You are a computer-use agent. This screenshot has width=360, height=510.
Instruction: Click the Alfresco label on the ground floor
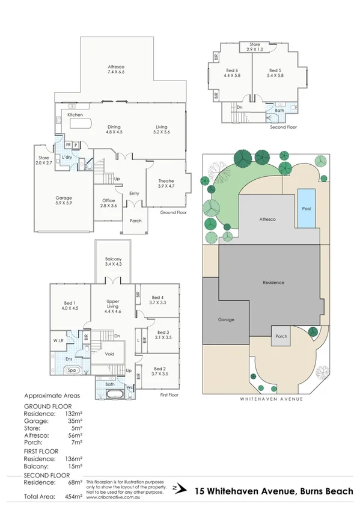(115, 69)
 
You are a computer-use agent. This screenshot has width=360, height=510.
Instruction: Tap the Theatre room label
(166, 185)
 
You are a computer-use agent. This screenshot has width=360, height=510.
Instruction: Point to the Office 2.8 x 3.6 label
(108, 203)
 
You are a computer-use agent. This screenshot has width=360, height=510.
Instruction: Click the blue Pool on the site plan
(306, 207)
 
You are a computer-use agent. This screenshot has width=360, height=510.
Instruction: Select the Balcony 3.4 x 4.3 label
(113, 262)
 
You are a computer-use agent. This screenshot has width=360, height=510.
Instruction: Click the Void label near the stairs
(109, 354)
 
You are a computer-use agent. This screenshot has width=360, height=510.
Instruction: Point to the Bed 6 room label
(232, 73)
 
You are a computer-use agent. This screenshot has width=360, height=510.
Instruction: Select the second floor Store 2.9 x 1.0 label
(256, 47)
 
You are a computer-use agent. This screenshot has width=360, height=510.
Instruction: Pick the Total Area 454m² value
(73, 497)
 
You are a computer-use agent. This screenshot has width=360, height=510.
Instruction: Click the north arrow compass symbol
(175, 488)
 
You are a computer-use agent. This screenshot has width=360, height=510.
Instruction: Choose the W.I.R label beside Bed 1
(59, 340)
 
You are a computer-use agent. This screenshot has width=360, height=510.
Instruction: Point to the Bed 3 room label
(163, 335)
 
